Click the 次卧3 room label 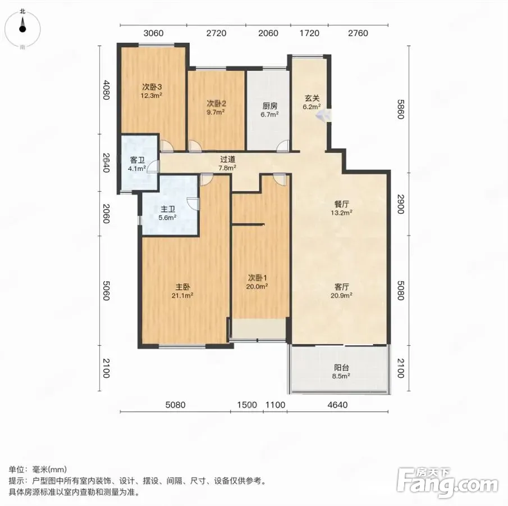(152, 87)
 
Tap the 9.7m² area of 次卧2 (216, 112)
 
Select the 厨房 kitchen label (269, 106)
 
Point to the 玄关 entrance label (312, 98)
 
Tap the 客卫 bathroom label (137, 160)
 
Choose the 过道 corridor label (227, 159)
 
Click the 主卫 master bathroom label (167, 209)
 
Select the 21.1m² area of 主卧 (182, 295)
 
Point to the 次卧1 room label (257, 278)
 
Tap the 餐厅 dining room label (341, 204)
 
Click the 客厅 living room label (341, 287)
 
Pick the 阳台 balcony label (341, 368)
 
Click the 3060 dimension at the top (153, 33)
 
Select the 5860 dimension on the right (401, 110)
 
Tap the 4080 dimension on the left (106, 90)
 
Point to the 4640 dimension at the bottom (337, 405)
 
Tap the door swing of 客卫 (153, 166)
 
